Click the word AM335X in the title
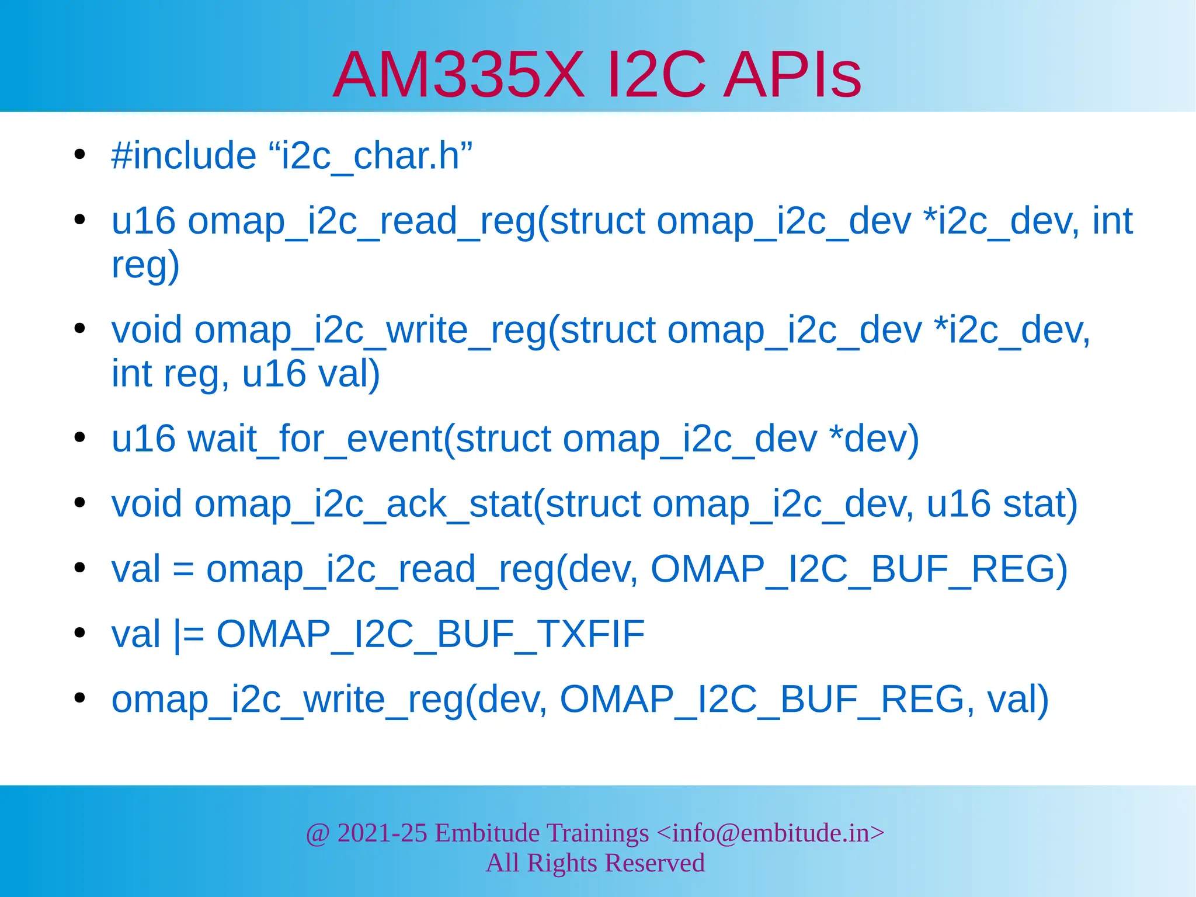click(458, 75)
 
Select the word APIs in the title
click(792, 75)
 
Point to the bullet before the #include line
click(80, 155)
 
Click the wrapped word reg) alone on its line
click(145, 266)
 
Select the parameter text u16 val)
click(311, 374)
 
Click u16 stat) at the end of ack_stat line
click(1002, 504)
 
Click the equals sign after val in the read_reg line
click(183, 570)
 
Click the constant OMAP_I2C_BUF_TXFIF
click(430, 635)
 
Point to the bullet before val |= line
click(80, 633)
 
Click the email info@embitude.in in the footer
click(770, 833)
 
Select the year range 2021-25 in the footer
click(382, 833)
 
